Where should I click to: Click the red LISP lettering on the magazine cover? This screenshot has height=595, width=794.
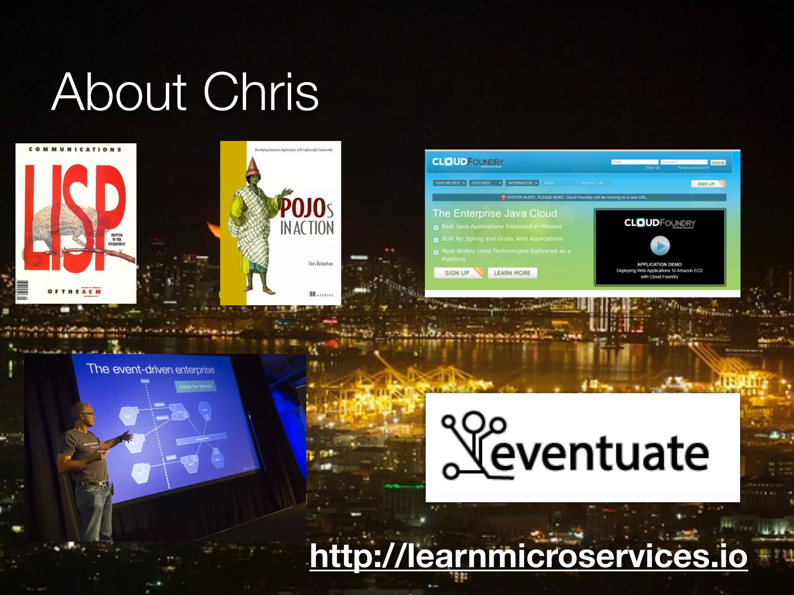76,217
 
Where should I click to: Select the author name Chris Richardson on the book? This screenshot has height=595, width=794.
320,263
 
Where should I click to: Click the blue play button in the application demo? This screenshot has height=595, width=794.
660,246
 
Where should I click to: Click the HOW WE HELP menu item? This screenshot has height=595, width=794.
450,183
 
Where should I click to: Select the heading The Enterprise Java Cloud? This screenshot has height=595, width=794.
495,213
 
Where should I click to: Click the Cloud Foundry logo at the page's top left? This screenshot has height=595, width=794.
468,162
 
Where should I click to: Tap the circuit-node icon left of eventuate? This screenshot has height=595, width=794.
469,445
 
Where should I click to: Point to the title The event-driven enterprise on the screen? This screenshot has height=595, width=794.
150,369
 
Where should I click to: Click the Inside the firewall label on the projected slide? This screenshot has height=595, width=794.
196,386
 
